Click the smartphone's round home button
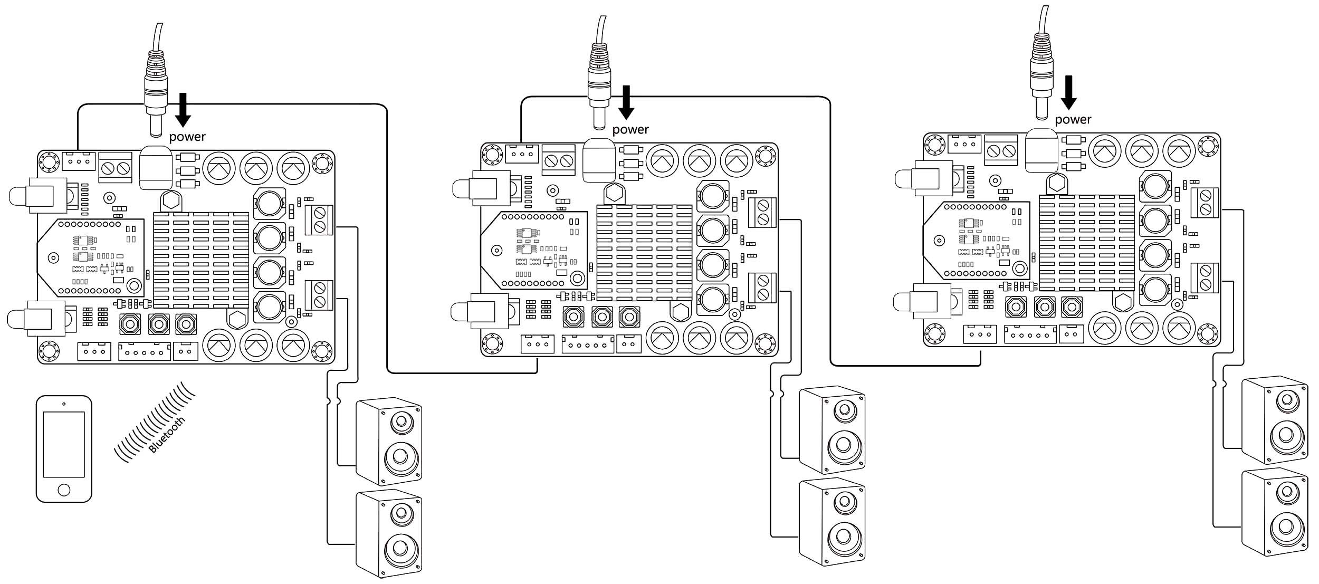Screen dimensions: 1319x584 point(64,490)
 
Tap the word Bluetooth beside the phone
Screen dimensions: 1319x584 point(167,435)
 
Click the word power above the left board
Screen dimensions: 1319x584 point(187,137)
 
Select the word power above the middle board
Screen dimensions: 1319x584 point(630,130)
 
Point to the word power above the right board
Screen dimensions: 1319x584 point(1073,120)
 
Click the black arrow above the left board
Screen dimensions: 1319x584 point(183,110)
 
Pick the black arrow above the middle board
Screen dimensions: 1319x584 point(626,102)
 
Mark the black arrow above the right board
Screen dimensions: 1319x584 point(1069,92)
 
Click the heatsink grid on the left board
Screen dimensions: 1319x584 point(201,260)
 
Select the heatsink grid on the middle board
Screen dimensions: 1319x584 point(644,253)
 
